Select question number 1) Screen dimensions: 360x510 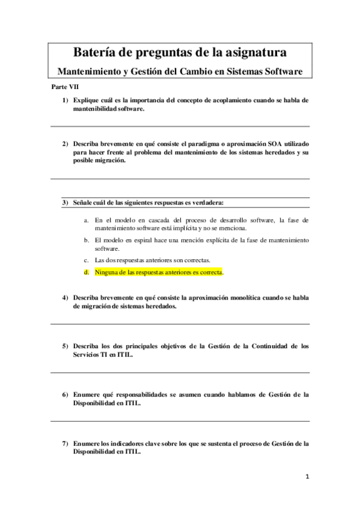(64, 100)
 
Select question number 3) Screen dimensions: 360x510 (64, 202)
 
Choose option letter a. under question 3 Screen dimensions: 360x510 (87, 220)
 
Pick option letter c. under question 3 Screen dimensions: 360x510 (87, 260)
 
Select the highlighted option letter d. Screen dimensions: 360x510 (87, 272)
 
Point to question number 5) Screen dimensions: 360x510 (64, 346)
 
